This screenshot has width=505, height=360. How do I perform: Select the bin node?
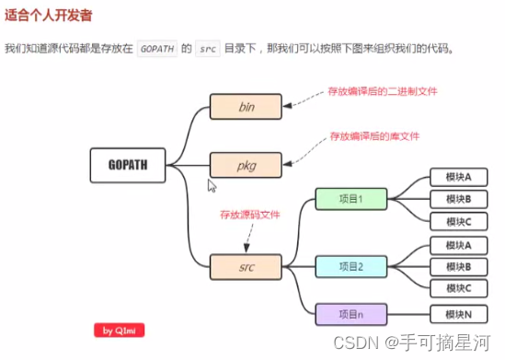point(245,107)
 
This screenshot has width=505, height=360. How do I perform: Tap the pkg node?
point(245,166)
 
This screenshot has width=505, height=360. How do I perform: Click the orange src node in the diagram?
point(245,267)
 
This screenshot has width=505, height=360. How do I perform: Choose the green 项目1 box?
point(350,199)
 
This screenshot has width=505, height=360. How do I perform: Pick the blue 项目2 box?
point(350,266)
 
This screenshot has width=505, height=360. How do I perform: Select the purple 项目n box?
point(350,314)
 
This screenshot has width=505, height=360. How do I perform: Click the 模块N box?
point(457,314)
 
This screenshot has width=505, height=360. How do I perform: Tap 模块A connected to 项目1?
point(457,178)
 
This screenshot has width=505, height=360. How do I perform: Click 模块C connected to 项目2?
point(457,288)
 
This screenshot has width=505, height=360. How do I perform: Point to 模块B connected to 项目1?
point(457,199)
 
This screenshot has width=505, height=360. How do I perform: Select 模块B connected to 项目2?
point(457,267)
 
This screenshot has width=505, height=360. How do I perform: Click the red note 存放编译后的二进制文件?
point(382,91)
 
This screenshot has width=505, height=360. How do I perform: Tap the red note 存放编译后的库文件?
point(374,136)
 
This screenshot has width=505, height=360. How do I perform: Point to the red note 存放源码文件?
point(249,215)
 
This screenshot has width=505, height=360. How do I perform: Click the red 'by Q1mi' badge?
point(120,330)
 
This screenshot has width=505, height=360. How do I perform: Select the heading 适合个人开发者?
point(47,17)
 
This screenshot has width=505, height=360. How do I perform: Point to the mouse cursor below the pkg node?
point(212,185)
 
